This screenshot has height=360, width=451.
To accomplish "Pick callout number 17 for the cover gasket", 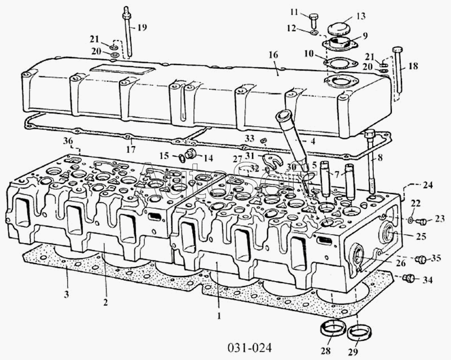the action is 130,151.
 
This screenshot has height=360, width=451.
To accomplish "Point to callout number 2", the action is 105,302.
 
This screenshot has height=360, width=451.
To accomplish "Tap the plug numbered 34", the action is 410,277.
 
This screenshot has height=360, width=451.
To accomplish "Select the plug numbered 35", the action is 420,259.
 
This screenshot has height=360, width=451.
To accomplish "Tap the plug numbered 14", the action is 191,155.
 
